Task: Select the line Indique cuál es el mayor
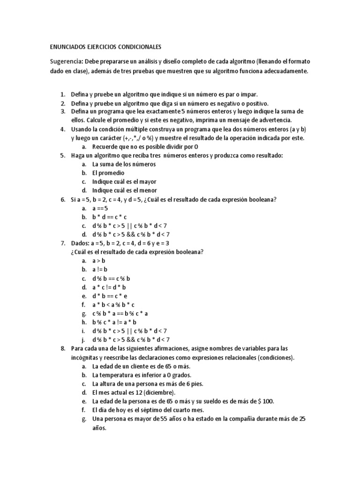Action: [x=124, y=181]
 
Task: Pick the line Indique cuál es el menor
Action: [x=124, y=190]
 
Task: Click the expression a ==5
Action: [x=100, y=208]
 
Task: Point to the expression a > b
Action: [x=99, y=261]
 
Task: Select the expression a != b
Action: [x=100, y=270]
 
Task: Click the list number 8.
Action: [x=63, y=349]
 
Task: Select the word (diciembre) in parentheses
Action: [x=159, y=393]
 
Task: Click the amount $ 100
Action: [x=266, y=401]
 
